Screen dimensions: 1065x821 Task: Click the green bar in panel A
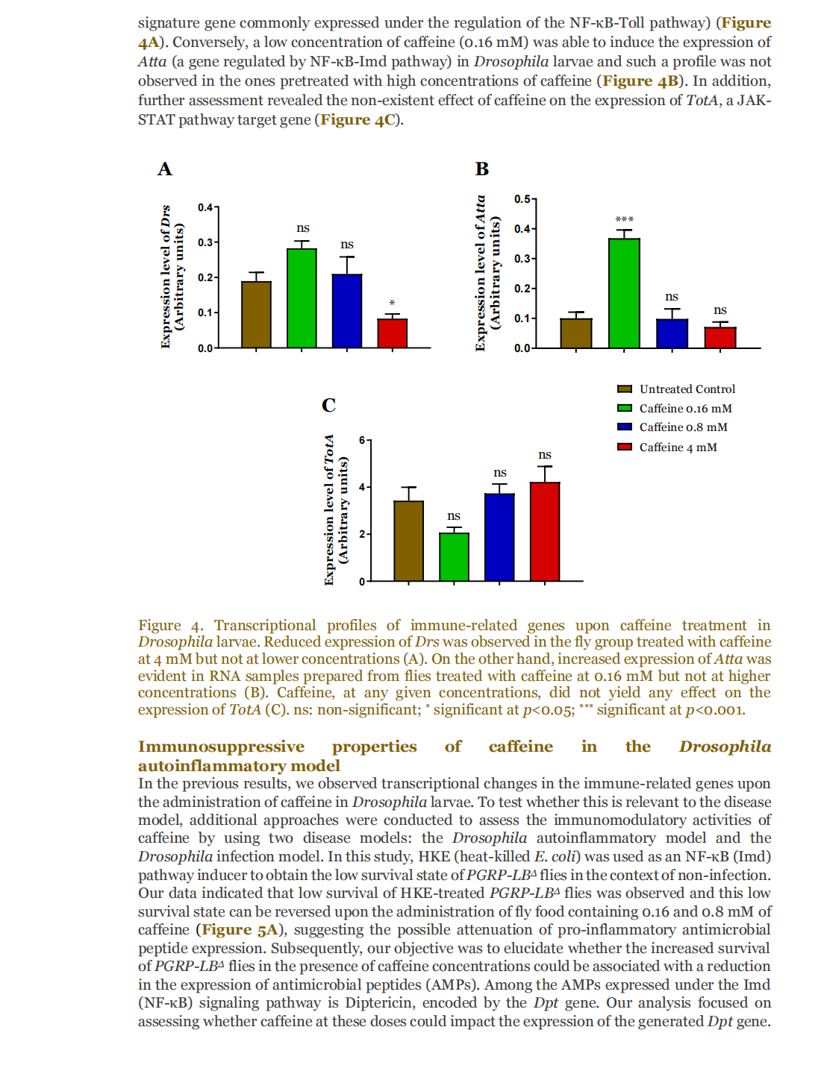click(x=302, y=298)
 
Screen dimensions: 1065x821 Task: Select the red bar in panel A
click(x=392, y=333)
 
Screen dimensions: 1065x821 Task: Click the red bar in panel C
click(x=545, y=531)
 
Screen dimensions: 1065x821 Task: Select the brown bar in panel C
click(x=408, y=541)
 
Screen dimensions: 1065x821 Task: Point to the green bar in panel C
click(x=454, y=556)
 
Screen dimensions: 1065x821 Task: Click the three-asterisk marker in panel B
click(x=624, y=219)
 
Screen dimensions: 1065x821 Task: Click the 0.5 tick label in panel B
click(x=522, y=199)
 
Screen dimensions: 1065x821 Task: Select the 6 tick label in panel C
click(x=362, y=440)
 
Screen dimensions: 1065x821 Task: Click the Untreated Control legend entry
click(x=687, y=389)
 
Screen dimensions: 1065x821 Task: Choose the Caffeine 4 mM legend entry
click(x=678, y=447)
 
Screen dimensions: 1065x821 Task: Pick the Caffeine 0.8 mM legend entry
click(x=683, y=427)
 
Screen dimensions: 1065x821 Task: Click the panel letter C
click(x=328, y=405)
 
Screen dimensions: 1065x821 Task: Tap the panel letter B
click(x=482, y=169)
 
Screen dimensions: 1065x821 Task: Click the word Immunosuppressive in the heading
click(x=221, y=747)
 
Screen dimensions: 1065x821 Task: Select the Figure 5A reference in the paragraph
click(x=240, y=930)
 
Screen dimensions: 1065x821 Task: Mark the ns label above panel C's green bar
click(x=454, y=516)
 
